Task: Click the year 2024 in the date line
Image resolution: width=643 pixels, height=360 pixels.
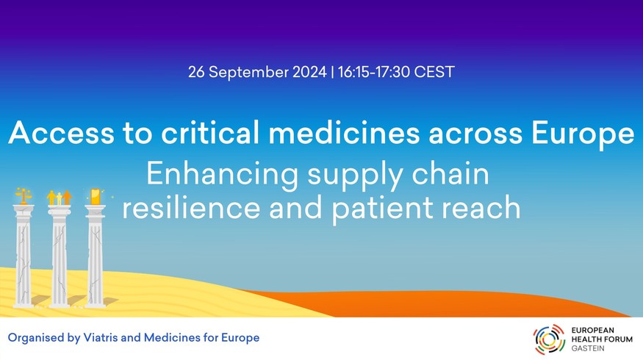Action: (309, 72)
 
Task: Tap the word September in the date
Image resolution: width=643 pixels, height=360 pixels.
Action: (248, 73)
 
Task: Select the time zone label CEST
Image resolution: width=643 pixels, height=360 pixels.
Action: (434, 72)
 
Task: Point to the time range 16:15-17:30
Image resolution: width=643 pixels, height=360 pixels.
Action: (374, 72)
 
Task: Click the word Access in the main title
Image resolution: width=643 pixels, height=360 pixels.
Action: (62, 132)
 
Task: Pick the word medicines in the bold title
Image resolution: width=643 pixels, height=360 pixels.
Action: (344, 132)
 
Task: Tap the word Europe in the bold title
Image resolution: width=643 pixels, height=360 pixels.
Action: (583, 134)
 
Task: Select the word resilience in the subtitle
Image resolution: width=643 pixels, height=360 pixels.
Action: (190, 207)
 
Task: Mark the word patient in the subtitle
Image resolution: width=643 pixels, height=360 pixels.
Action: (382, 209)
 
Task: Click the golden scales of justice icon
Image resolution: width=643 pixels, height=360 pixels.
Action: (24, 196)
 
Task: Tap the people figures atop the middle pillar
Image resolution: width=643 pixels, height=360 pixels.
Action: (60, 197)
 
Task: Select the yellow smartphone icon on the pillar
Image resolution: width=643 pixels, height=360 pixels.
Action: (95, 196)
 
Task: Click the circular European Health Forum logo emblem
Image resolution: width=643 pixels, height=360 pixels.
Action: (549, 339)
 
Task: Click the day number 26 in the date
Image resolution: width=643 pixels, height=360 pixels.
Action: (196, 72)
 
